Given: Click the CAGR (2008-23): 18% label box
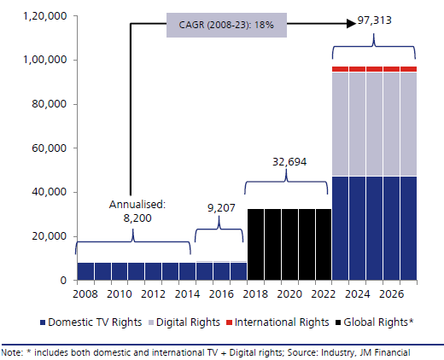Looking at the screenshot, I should click(225, 24).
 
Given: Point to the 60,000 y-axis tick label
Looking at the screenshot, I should click(44, 148).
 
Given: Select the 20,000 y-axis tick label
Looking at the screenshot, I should click(44, 236).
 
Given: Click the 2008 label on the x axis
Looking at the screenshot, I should click(85, 294).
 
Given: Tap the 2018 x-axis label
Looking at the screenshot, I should click(255, 294).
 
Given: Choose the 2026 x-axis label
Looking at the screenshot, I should click(392, 294).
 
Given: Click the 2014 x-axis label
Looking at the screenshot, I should click(187, 294).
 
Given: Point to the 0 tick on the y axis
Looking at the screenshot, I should click(61, 281).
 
